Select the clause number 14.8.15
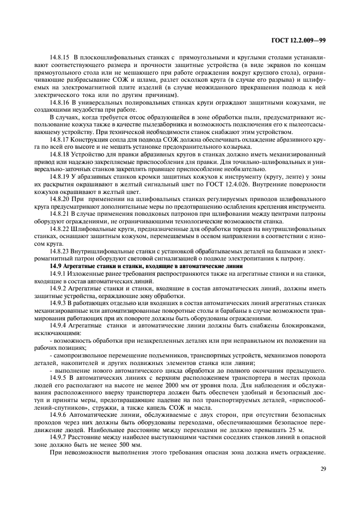(60, 57)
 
